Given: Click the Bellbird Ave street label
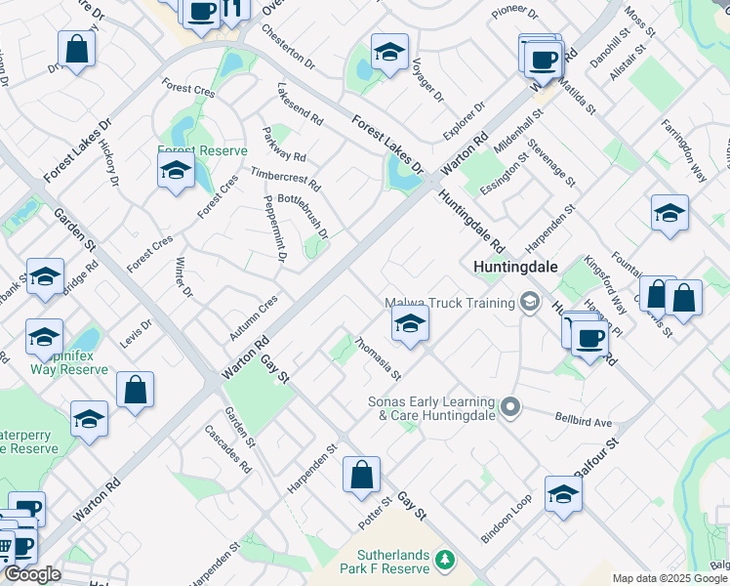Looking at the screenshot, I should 584,422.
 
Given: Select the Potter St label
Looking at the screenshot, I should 375,513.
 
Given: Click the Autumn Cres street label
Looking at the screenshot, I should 254,316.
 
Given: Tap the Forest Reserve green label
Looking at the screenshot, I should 203,151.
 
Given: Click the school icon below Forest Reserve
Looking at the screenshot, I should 177,172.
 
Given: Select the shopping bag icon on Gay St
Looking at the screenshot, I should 361,476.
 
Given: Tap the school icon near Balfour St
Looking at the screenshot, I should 563,495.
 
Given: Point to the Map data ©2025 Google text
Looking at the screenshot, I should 669,578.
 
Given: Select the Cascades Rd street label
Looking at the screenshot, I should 227,448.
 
